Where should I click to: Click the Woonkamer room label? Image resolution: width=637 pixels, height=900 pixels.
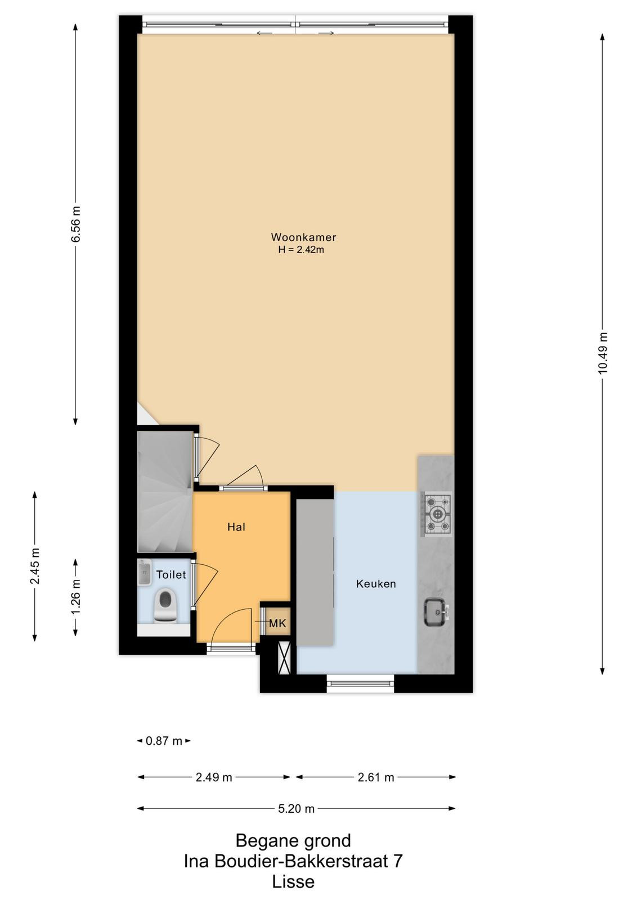[x=303, y=237]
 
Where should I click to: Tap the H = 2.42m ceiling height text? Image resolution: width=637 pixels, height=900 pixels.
[x=301, y=250]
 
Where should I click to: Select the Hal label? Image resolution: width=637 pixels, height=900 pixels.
[x=236, y=527]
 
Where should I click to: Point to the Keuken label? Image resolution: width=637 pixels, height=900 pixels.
[x=376, y=584]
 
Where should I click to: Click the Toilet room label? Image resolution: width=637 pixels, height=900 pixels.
[x=171, y=574]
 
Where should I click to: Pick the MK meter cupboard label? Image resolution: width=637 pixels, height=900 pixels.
[x=277, y=623]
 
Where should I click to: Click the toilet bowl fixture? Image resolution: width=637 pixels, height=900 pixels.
[x=165, y=606]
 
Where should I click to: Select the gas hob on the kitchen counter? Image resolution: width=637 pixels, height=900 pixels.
[x=437, y=514]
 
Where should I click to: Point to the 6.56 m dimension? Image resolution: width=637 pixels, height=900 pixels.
[x=75, y=224]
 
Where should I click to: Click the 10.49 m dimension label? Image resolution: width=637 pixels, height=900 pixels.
[x=602, y=353]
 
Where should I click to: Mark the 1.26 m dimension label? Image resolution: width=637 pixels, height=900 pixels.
[x=75, y=597]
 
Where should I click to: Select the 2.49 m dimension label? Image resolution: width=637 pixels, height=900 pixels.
[x=214, y=777]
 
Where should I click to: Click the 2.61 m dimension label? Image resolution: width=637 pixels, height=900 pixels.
[x=376, y=777]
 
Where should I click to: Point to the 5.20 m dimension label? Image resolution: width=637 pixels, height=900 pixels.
[x=296, y=809]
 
